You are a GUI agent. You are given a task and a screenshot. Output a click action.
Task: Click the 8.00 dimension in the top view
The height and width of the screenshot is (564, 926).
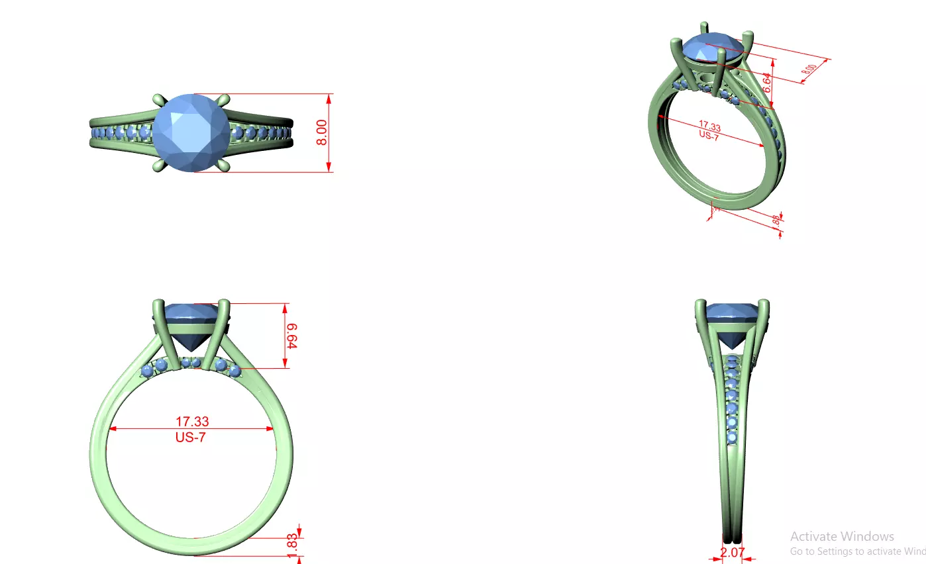(322, 133)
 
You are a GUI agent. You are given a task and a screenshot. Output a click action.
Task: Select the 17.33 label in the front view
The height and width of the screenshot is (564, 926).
(191, 421)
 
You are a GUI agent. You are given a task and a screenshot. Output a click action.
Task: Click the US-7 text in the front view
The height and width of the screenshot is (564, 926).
(191, 437)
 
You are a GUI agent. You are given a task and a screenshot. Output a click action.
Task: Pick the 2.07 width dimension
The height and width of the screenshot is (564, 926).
(732, 552)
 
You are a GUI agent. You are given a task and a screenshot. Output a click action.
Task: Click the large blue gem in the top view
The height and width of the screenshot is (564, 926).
(191, 132)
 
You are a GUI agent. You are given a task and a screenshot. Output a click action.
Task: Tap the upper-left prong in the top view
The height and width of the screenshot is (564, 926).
(159, 100)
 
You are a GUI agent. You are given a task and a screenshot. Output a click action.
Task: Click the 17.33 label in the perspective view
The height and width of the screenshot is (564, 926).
(709, 126)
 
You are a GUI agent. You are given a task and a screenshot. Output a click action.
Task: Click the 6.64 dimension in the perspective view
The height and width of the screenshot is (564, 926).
(766, 82)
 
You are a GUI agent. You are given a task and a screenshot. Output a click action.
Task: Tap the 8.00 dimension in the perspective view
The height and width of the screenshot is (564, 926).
(809, 69)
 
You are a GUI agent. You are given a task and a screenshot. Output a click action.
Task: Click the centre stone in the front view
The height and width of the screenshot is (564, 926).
(191, 324)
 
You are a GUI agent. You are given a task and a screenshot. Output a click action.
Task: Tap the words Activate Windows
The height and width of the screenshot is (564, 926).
(842, 536)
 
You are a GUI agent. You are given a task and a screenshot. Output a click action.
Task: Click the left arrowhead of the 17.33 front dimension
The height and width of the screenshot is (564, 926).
(113, 429)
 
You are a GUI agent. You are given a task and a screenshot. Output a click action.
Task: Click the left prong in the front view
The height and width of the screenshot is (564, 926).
(159, 331)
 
